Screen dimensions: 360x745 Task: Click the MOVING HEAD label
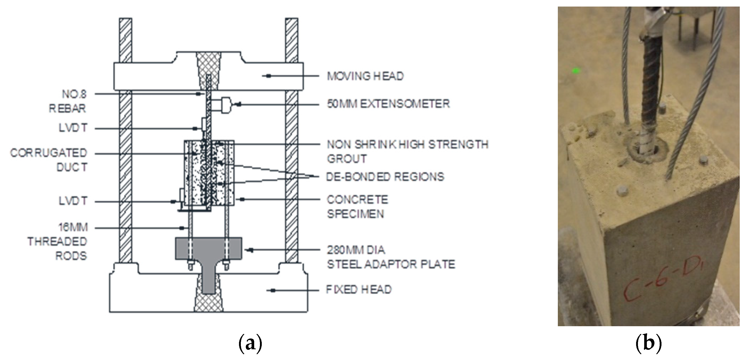tap(365, 76)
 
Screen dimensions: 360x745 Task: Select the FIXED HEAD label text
tap(359, 290)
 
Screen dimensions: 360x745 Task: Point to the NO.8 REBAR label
tap(68, 101)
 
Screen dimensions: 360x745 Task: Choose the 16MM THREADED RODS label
tap(58, 242)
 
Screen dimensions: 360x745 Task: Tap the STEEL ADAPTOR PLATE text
tap(391, 264)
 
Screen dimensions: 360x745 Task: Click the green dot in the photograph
tap(576, 70)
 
